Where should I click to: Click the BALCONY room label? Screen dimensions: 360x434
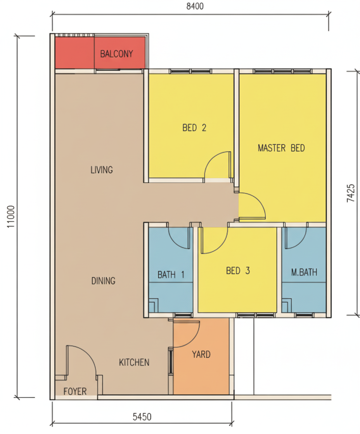tap(116, 54)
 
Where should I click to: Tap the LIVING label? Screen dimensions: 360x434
tap(102, 170)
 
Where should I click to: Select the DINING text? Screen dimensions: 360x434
tap(103, 281)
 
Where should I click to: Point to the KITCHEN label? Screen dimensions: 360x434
tap(134, 362)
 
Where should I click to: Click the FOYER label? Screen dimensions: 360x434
tap(75, 391)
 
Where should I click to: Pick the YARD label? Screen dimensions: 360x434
tap(201, 354)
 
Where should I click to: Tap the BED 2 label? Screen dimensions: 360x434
tap(194, 127)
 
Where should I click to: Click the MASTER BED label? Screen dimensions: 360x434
tap(281, 148)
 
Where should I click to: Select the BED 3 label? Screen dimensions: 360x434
tap(238, 270)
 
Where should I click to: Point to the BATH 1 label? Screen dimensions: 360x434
tap(171, 275)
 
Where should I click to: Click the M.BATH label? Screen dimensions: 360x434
tap(304, 272)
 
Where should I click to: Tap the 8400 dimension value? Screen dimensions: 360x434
tap(195, 6)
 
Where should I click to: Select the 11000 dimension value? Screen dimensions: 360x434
tap(10, 217)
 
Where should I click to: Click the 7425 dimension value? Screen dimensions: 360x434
tap(351, 193)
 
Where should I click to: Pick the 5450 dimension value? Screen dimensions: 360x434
tap(142, 417)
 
